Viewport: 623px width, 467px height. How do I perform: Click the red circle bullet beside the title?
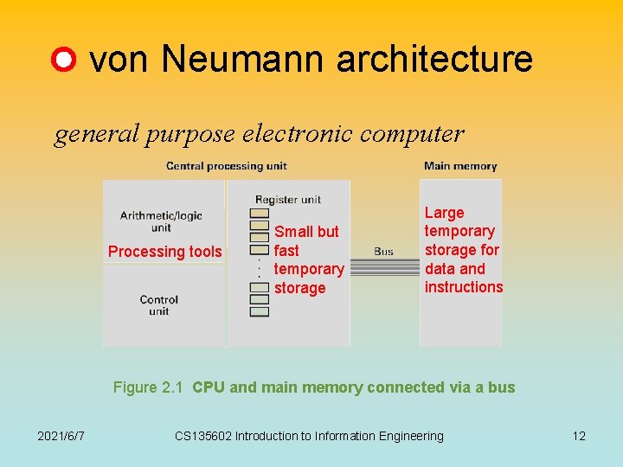click(64, 61)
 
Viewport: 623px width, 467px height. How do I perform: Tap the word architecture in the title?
click(434, 59)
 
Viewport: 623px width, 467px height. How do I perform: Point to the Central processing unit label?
click(226, 165)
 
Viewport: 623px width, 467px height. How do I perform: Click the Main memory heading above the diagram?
click(460, 165)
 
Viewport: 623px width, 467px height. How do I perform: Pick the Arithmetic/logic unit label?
click(161, 221)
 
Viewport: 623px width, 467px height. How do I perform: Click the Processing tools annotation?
click(164, 252)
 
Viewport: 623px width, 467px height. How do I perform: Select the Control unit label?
click(158, 305)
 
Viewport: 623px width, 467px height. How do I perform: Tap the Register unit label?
click(288, 200)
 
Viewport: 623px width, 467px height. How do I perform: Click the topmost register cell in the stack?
click(259, 214)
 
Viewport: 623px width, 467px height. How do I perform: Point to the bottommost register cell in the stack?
click(259, 311)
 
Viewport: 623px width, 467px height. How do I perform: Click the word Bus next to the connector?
click(383, 252)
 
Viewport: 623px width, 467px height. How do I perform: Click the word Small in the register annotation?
click(292, 232)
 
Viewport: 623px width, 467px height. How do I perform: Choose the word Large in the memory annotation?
click(444, 213)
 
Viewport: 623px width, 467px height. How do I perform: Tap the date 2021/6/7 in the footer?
click(61, 436)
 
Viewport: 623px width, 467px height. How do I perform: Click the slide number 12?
click(579, 436)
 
